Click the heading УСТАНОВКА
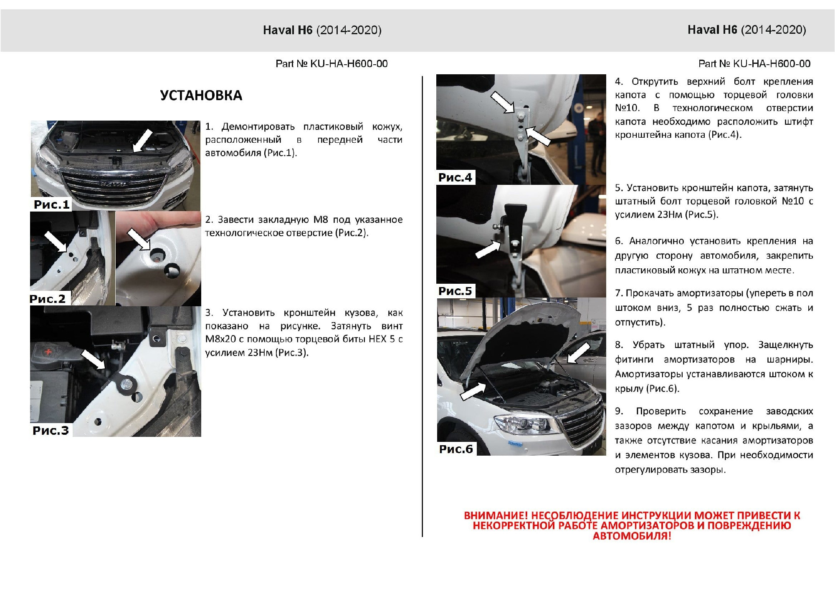[201, 96]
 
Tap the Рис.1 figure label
[51, 204]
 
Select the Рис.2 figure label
[48, 299]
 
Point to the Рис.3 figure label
[51, 431]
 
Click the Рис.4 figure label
[455, 178]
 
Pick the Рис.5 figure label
[455, 291]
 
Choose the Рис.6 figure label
[456, 449]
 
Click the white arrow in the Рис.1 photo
[142, 141]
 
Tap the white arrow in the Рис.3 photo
[93, 359]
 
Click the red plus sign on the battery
[49, 352]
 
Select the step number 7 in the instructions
[618, 293]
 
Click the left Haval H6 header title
[322, 30]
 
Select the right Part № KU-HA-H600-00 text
[754, 64]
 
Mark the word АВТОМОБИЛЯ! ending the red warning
[632, 536]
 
